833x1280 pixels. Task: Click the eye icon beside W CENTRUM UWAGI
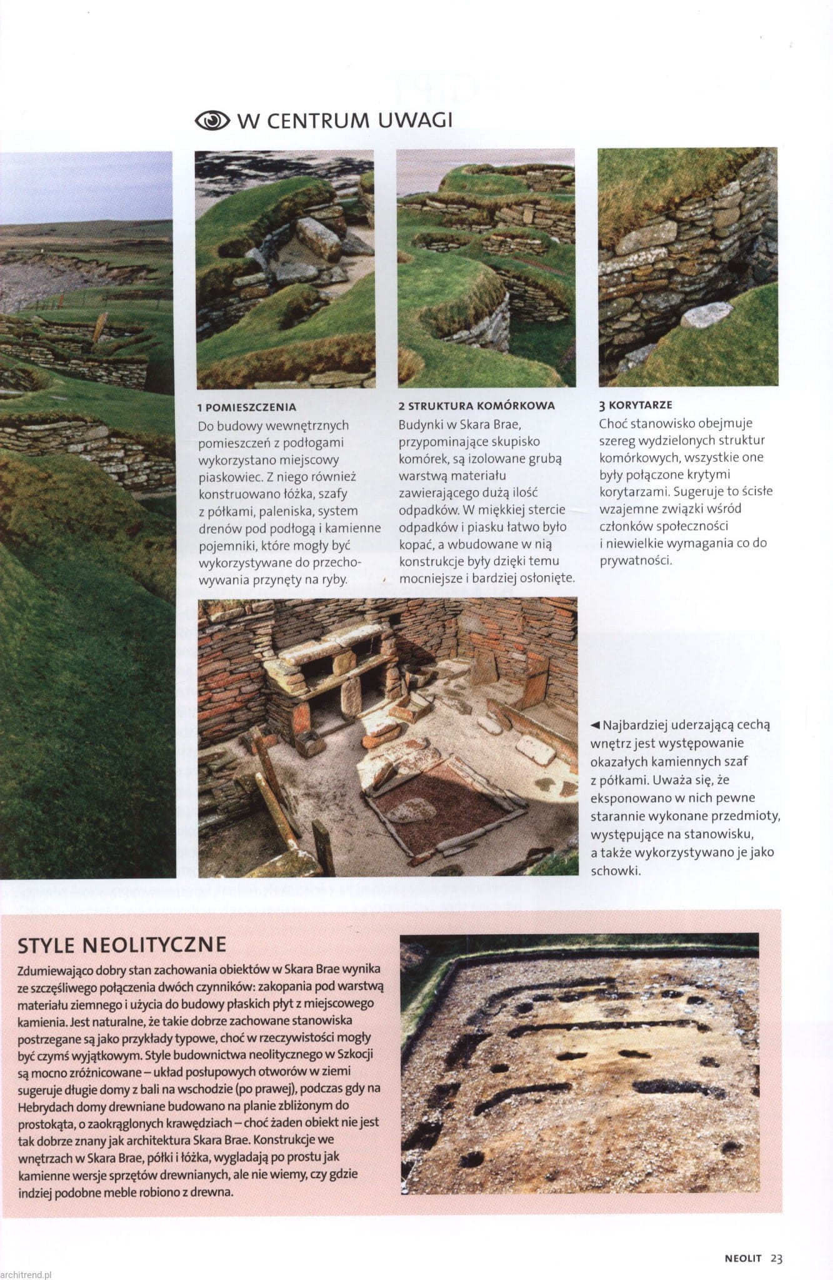[212, 120]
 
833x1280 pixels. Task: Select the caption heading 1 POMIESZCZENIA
[247, 407]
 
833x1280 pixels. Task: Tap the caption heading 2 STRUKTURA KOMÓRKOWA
[477, 406]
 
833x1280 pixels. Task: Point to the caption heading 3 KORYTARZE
[636, 405]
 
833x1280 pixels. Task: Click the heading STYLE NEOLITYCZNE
[122, 944]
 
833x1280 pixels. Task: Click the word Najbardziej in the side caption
[636, 726]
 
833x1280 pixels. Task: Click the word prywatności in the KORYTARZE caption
[636, 560]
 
